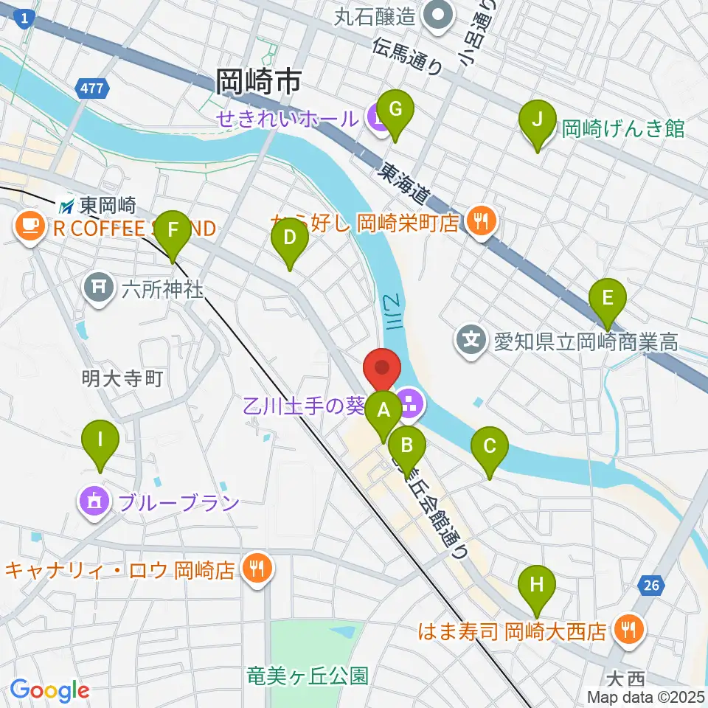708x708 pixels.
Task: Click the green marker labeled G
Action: [x=395, y=111]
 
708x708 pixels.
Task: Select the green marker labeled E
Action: [x=608, y=298]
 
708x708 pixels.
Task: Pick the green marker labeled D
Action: [x=289, y=237]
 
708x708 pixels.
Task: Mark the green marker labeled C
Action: [x=490, y=447]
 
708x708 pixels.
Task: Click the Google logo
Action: [x=49, y=690]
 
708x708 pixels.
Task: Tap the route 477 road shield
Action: [x=92, y=88]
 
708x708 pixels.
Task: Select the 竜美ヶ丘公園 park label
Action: [x=307, y=675]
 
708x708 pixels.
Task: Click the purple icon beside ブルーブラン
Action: [x=94, y=502]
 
